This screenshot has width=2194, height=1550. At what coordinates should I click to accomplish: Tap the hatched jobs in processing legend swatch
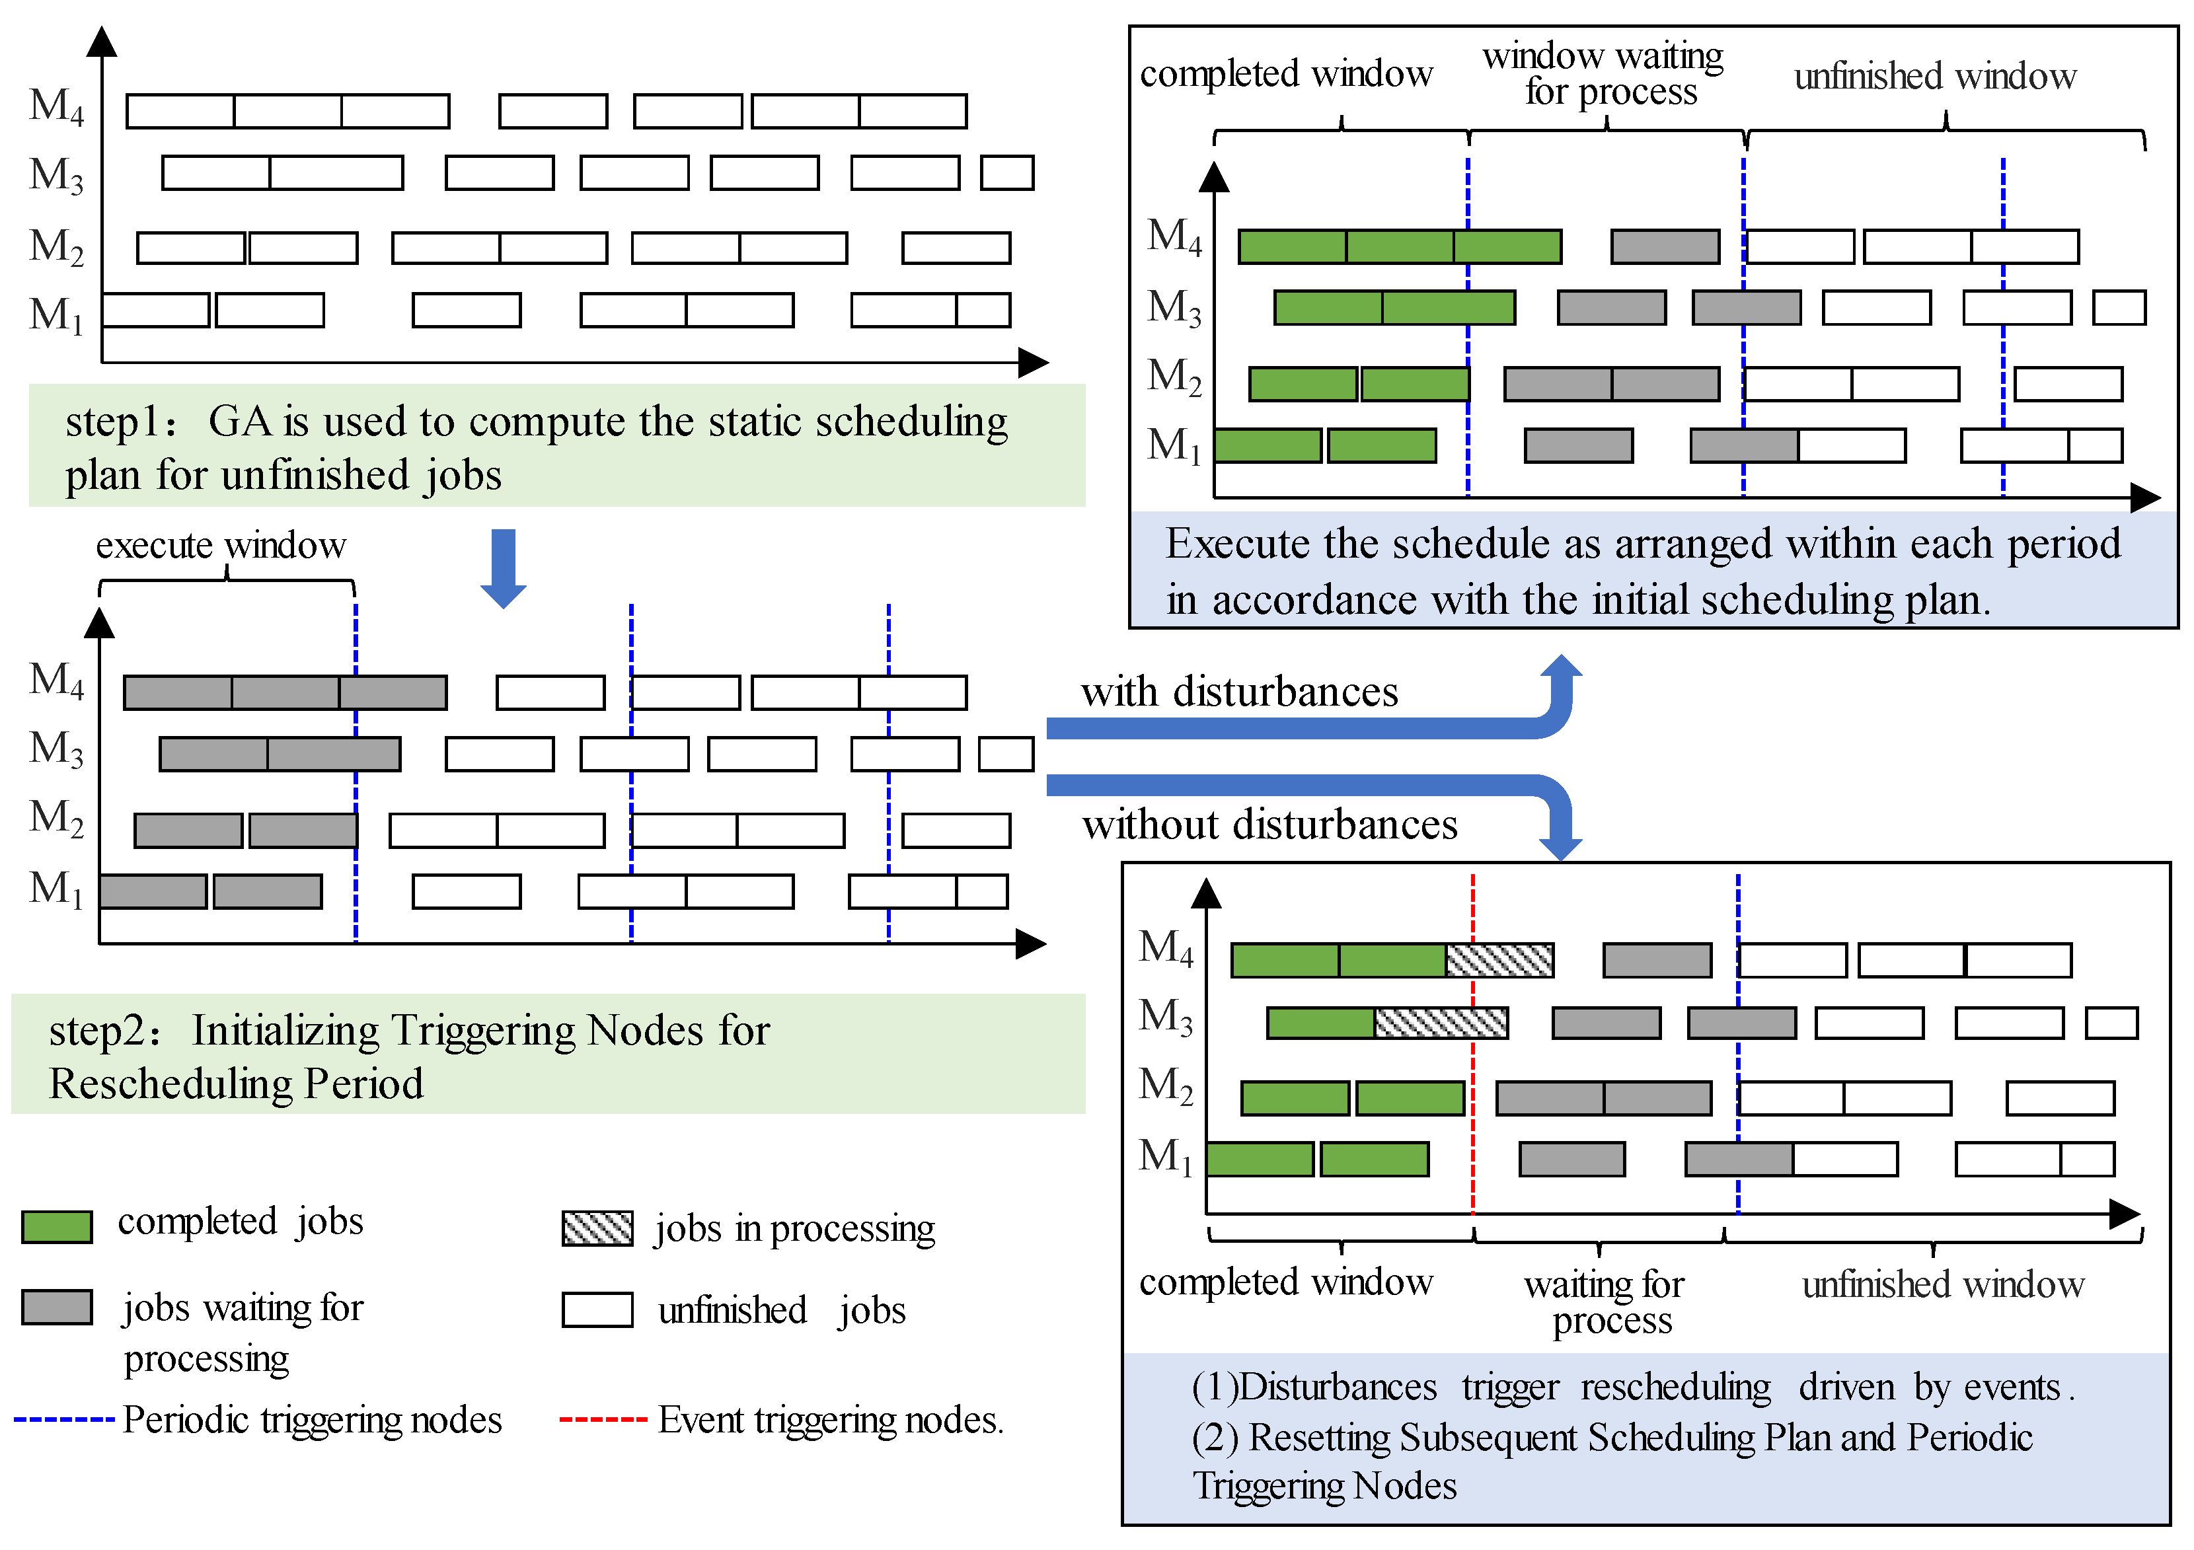coord(597,1228)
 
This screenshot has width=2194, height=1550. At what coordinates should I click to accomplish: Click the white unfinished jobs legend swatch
coord(597,1310)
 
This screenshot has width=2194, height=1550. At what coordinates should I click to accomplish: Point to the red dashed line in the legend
coord(603,1419)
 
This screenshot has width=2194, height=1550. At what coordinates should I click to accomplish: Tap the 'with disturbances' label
coord(1239,691)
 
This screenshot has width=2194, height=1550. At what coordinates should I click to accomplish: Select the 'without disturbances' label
coord(1269,824)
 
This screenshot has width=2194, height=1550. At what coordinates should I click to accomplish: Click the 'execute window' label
coord(221,544)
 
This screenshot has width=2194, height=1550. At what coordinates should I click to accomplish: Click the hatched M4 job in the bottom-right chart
coord(1499,959)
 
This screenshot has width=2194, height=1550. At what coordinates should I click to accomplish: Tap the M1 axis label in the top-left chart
coord(56,313)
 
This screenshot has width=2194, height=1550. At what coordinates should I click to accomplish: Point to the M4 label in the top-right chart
coord(1174,235)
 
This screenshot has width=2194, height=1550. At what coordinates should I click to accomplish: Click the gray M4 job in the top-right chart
coord(1665,246)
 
